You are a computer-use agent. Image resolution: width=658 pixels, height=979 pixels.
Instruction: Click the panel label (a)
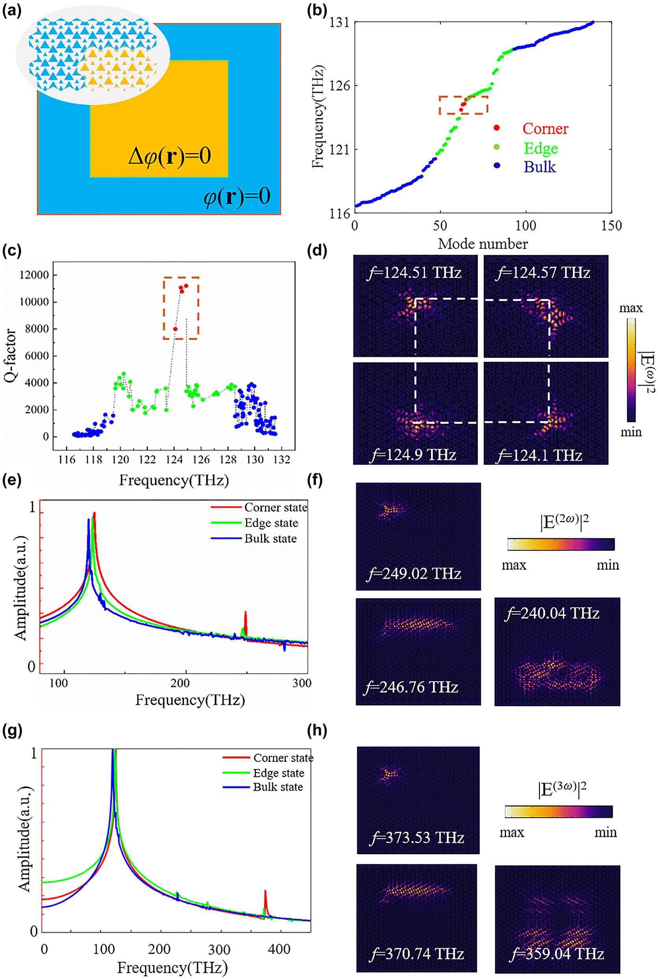coord(11,10)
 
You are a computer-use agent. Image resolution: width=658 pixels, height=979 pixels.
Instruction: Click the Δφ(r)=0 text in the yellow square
coord(170,156)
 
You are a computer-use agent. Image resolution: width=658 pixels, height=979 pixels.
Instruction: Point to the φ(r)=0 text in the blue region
coord(237,197)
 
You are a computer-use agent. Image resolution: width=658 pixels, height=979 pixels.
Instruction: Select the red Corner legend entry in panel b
coord(545,128)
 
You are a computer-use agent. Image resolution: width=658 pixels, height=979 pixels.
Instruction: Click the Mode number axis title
coord(483,244)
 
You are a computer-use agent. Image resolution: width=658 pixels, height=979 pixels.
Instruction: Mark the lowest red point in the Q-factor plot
coord(175,329)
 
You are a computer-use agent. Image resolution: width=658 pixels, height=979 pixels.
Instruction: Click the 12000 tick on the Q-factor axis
coord(34,275)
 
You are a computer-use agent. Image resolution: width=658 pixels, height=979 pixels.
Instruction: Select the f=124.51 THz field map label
coord(414,273)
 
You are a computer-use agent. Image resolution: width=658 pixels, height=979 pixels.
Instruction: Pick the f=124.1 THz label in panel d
coord(539,455)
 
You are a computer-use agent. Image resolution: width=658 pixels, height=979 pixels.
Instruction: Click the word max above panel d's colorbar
coord(631,308)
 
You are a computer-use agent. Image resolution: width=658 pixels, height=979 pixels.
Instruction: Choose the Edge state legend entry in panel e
coord(271,523)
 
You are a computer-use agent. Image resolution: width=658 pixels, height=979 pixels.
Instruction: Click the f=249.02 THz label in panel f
coord(414,573)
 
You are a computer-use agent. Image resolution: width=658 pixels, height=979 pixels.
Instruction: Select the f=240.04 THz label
coord(551,614)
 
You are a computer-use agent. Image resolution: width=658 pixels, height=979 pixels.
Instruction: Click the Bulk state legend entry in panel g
coord(277,787)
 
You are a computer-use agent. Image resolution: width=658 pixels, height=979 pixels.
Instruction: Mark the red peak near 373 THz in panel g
coord(265,892)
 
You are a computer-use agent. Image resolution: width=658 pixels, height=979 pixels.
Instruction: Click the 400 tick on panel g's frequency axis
coord(279,949)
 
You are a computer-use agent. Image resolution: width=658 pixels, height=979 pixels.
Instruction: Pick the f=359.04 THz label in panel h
coord(556,954)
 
